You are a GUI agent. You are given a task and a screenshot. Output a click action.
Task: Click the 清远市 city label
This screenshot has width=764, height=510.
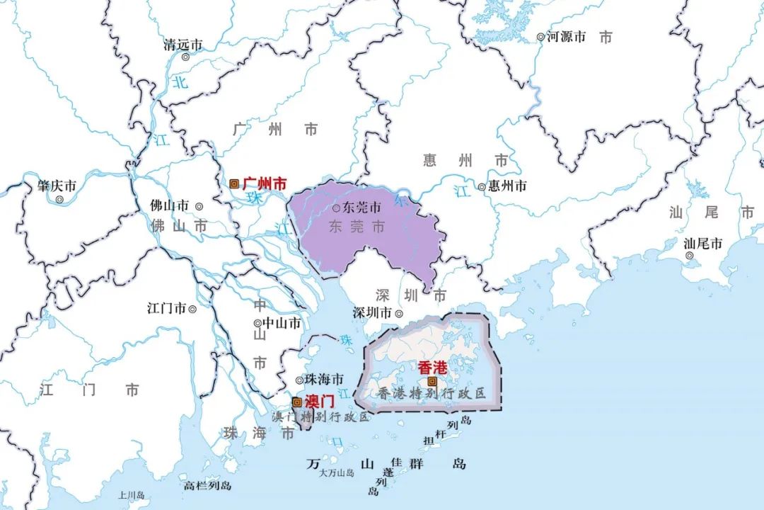click(x=183, y=45)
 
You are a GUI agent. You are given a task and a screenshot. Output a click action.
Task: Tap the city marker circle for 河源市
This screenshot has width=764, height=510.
click(x=540, y=36)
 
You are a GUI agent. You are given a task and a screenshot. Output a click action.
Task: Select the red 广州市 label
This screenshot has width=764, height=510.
click(x=265, y=183)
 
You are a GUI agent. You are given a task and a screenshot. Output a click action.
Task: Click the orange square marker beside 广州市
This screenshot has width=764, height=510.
click(x=234, y=183)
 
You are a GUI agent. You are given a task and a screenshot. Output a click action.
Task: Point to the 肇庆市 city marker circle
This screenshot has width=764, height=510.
click(x=59, y=200)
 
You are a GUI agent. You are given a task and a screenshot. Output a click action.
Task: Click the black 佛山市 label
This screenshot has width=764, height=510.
click(x=170, y=205)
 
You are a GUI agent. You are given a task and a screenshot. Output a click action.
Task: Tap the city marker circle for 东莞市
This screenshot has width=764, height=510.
click(x=337, y=208)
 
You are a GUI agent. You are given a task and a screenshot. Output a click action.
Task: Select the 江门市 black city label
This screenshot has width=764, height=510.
click(x=166, y=309)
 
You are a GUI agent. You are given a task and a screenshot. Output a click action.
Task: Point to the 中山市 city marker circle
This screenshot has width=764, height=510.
click(x=257, y=324)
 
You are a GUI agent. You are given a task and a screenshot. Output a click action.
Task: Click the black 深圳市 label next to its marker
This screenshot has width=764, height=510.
click(x=372, y=313)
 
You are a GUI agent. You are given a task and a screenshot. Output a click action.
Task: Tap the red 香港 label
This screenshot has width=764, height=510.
click(x=432, y=368)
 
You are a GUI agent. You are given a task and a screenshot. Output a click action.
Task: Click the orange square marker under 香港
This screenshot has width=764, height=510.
click(x=432, y=381)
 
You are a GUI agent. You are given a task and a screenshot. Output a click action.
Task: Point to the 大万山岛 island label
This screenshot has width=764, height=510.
click(x=336, y=472)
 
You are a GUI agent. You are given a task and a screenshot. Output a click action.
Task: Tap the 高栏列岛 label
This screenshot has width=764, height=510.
click(x=207, y=486)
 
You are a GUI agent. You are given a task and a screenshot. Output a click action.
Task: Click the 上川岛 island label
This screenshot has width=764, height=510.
click(x=132, y=496)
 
